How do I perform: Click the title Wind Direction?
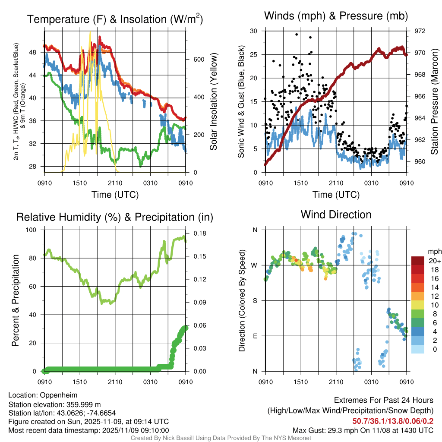click(x=336, y=215)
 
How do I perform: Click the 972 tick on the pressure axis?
click(x=420, y=31)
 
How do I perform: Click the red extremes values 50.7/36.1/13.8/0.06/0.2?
click(x=393, y=421)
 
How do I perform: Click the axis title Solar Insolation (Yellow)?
click(x=213, y=102)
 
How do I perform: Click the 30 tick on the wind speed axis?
click(x=254, y=31)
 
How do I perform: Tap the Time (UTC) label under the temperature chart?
click(x=115, y=195)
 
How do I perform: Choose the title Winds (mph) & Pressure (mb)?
click(x=336, y=16)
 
